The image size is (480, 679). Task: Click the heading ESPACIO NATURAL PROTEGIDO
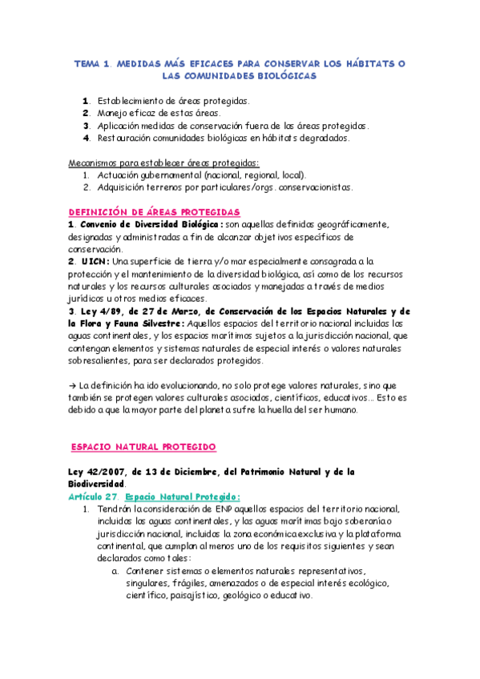[x=143, y=446]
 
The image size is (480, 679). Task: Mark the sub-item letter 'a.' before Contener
[x=116, y=570]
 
